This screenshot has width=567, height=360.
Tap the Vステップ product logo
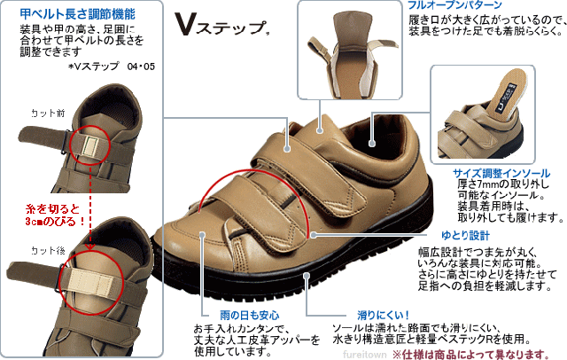[x=221, y=26]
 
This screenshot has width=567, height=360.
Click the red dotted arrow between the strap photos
[x=91, y=213]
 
